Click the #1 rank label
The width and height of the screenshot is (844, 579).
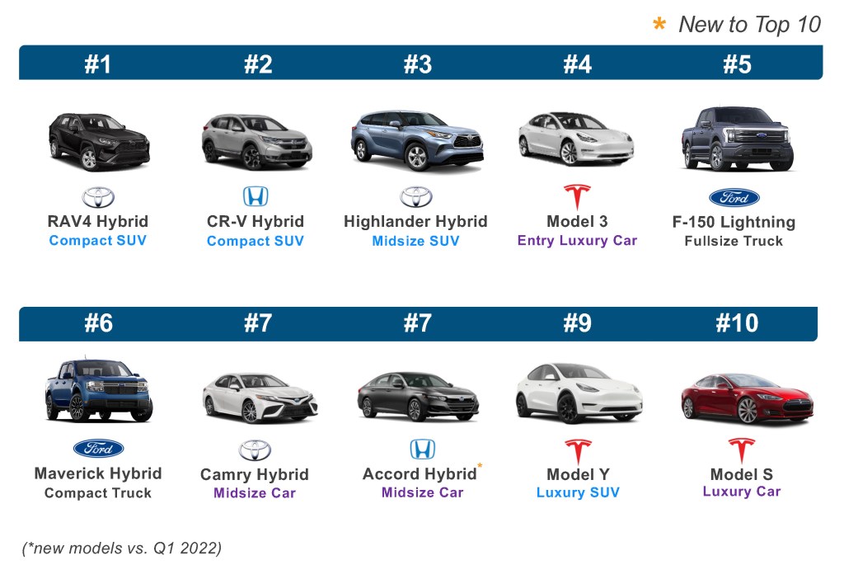pos(97,64)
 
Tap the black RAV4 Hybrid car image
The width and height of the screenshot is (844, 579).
pos(99,141)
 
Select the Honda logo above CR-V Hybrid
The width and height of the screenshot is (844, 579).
pos(256,196)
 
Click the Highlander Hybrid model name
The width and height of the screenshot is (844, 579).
pos(415,221)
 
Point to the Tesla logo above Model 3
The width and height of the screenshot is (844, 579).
pos(577,197)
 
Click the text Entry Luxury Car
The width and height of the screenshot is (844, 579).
pos(577,241)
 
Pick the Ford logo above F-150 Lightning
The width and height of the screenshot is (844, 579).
pos(734,198)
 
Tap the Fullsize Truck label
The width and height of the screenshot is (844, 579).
pos(734,242)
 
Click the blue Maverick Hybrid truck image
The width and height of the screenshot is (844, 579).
pos(99,391)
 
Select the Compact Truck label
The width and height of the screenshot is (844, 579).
pos(98,493)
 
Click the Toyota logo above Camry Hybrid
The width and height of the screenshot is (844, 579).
pos(255,450)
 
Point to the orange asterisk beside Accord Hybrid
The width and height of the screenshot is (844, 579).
pos(480,467)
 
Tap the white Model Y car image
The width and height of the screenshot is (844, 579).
pos(578,392)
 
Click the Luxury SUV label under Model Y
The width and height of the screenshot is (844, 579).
pos(578,493)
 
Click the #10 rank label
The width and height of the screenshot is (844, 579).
pos(737,323)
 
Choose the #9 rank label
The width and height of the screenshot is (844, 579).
pos(577,323)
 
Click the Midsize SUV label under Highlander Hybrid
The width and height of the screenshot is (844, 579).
pos(415,241)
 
